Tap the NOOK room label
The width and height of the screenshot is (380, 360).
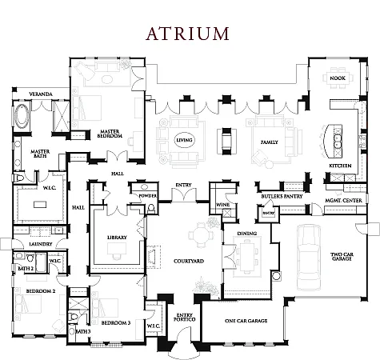click(x=337, y=78)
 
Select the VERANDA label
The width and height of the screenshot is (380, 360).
click(x=42, y=94)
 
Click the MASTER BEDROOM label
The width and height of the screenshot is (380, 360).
click(x=110, y=134)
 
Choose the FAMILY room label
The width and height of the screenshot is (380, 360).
click(x=262, y=142)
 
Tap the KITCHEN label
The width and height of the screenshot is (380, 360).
click(x=340, y=166)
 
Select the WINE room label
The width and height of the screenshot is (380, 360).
click(x=221, y=205)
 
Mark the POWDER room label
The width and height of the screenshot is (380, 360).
click(x=147, y=195)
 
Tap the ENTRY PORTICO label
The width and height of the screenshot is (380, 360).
click(x=185, y=318)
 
